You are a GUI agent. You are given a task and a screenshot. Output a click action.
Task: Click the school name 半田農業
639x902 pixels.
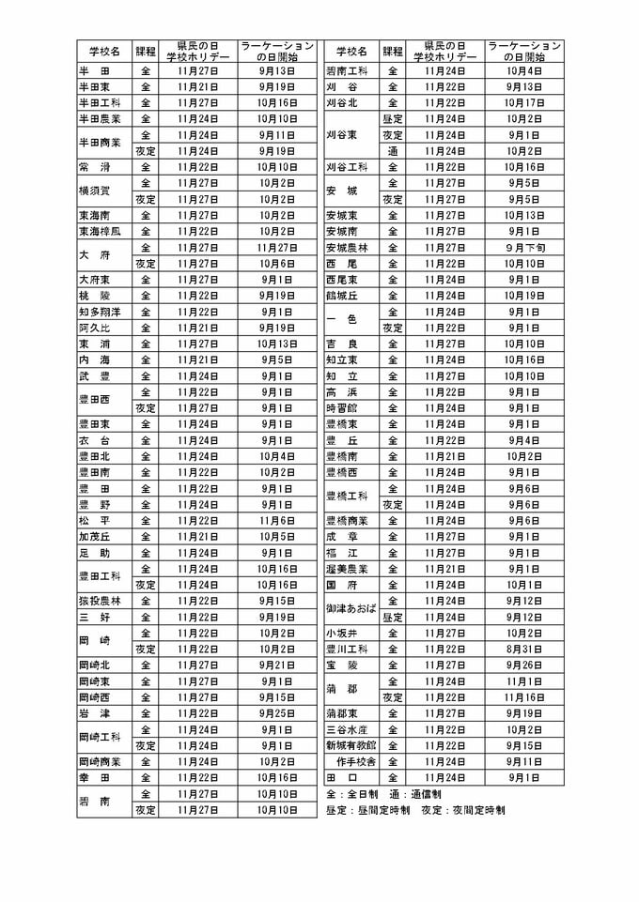point(102,118)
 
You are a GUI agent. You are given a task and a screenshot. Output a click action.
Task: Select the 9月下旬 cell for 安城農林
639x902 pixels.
point(523,248)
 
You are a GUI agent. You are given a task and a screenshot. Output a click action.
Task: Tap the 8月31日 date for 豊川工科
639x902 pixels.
point(523,649)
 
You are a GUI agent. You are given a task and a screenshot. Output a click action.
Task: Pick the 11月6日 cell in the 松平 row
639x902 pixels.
point(277,521)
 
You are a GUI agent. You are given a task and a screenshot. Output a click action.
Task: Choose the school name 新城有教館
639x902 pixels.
point(351,745)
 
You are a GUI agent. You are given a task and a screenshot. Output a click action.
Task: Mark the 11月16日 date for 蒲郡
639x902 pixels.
point(523,697)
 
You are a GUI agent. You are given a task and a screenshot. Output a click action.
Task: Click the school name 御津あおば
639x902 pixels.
point(351,609)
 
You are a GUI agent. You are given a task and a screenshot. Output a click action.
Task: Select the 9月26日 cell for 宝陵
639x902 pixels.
point(523,665)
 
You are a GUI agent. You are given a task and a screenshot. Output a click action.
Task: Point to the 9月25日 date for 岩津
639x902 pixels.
point(277,713)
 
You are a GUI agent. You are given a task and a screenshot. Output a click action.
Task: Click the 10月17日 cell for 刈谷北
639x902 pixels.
point(523,102)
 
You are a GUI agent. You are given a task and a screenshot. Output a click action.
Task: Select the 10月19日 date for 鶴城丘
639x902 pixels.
point(523,296)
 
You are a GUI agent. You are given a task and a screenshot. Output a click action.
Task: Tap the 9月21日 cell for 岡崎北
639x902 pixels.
point(277,665)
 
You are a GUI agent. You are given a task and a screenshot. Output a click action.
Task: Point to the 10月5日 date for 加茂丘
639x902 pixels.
point(277,537)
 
